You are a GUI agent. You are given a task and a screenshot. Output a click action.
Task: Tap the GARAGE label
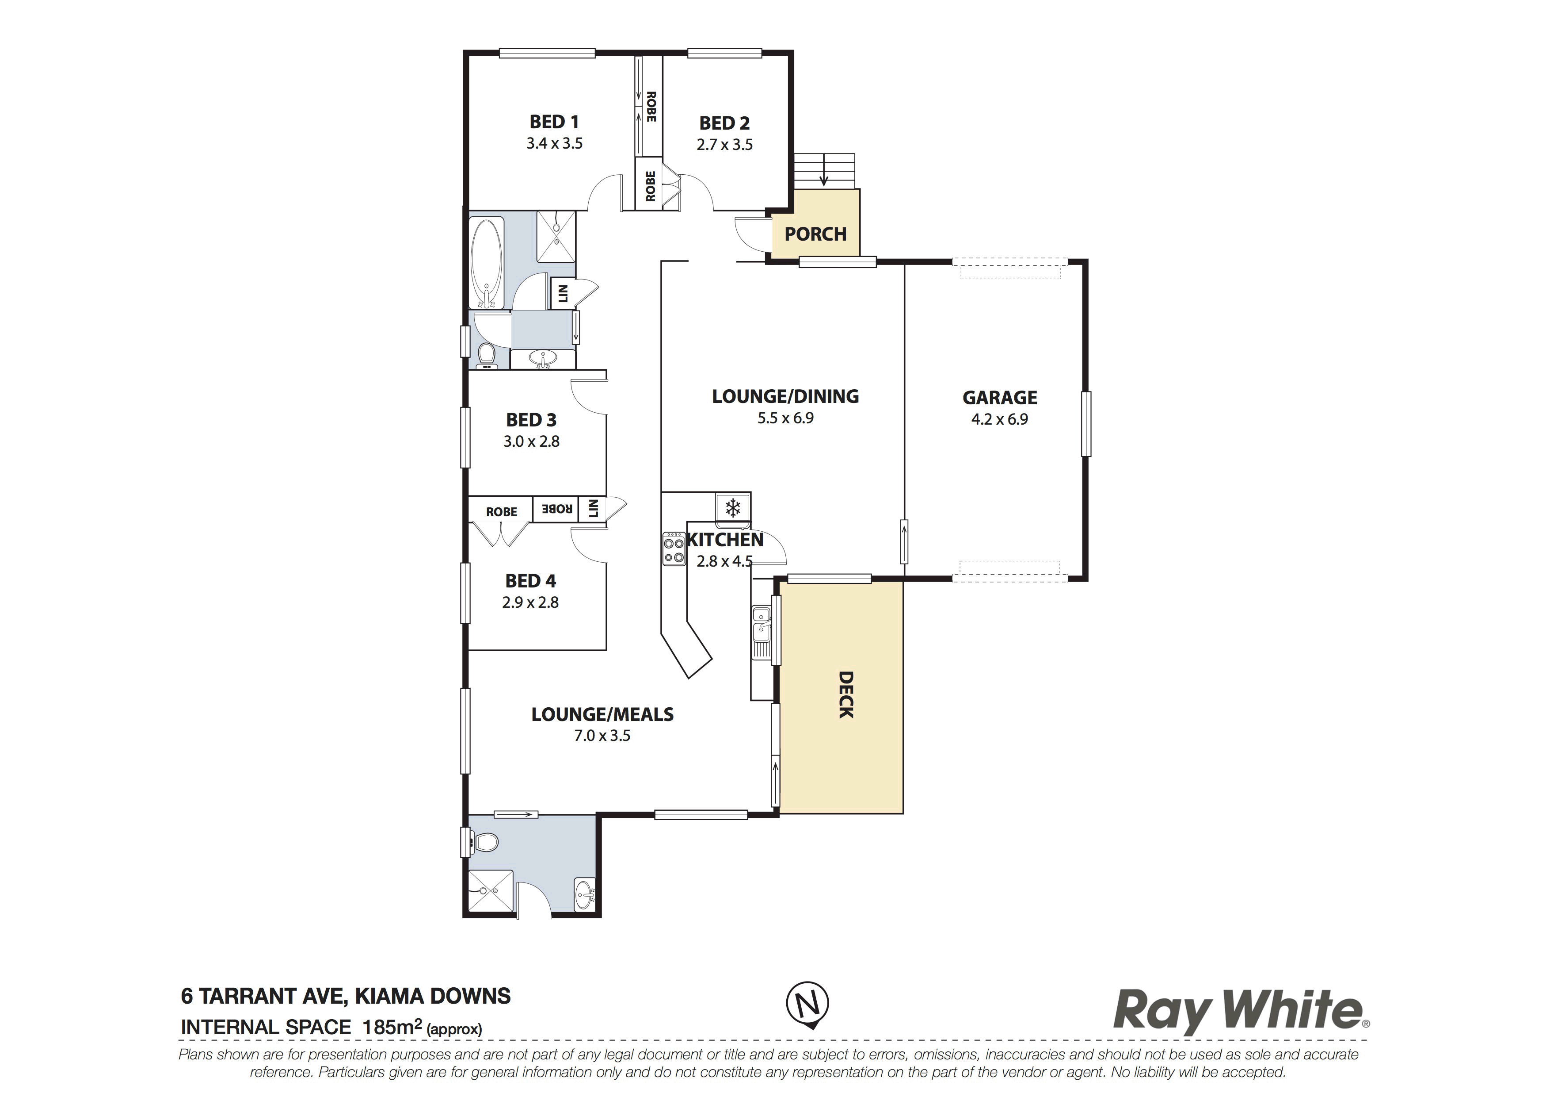point(1000,398)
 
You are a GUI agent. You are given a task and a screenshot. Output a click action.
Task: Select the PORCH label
point(815,234)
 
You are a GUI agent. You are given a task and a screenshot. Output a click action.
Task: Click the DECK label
point(846,694)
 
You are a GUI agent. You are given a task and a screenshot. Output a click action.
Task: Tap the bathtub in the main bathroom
point(487,262)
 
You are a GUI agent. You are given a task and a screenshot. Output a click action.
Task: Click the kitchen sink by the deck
point(762,632)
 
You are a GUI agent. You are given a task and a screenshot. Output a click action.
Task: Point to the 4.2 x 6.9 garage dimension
point(1000,419)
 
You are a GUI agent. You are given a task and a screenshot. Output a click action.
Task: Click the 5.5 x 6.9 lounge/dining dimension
point(786,418)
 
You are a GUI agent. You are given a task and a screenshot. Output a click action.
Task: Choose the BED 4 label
point(531,581)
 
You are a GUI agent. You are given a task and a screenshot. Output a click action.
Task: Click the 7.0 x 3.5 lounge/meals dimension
point(602,736)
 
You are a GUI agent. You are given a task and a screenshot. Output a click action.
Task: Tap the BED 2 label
point(724,123)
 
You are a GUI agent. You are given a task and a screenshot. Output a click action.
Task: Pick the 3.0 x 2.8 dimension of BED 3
point(531,442)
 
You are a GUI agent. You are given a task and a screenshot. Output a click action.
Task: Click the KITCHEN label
point(725,540)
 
